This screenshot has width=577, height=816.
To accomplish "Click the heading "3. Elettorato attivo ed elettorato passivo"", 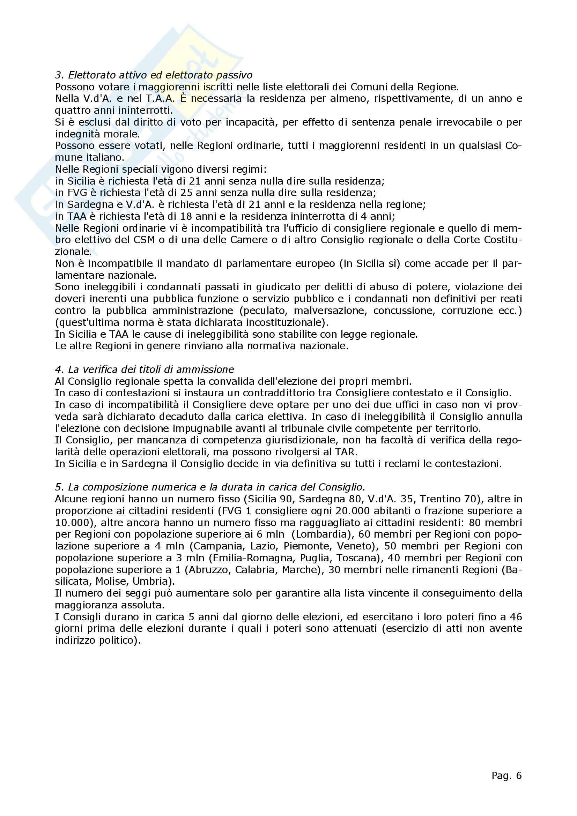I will pyautogui.click(x=154, y=75).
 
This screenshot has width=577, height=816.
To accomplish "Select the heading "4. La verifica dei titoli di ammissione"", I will pyautogui.click(x=145, y=369).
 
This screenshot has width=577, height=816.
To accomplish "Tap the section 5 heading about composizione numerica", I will pyautogui.click(x=210, y=487).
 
